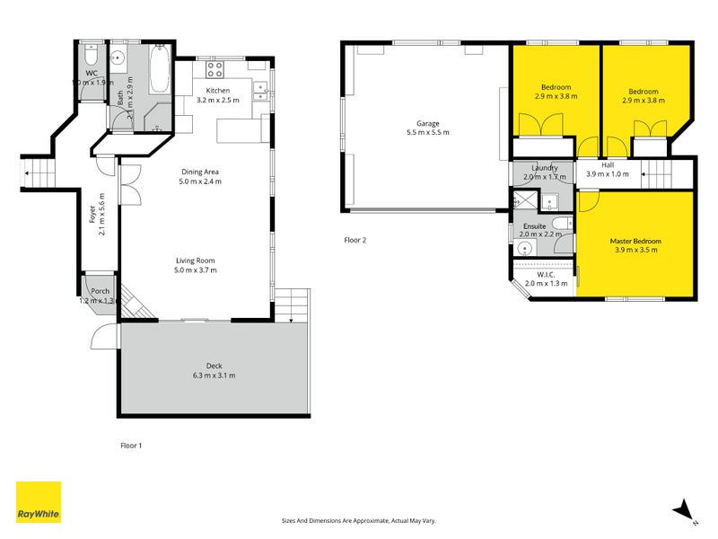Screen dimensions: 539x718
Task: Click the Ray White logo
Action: [x=39, y=502]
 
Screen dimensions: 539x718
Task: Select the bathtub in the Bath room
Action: [x=159, y=71]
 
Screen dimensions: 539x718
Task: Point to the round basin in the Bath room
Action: [x=118, y=59]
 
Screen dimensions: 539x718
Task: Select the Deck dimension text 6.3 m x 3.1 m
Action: [x=214, y=376]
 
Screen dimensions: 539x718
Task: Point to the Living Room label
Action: [x=195, y=260]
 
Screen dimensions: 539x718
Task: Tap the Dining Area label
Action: [x=200, y=172]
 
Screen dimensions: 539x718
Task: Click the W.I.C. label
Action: [x=546, y=274]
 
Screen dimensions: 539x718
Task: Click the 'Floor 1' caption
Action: [x=131, y=445]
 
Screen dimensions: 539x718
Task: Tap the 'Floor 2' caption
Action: [x=355, y=240]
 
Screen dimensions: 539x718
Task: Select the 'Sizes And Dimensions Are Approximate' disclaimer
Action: [x=359, y=521]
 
